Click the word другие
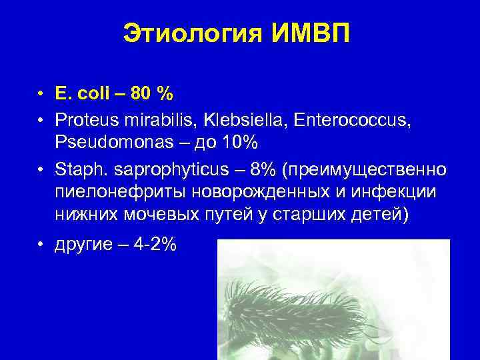(85, 245)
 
